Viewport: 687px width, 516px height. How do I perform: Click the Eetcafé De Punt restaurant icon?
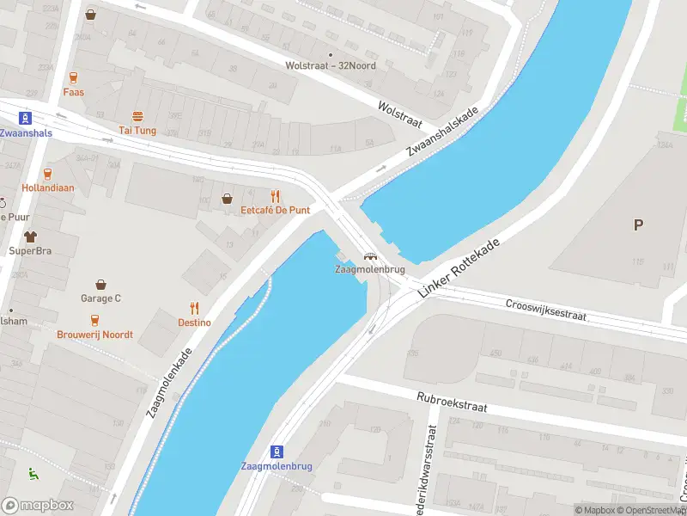(276, 197)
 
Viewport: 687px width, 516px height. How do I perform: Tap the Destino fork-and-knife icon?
(194, 309)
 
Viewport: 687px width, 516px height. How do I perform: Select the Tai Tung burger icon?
(137, 116)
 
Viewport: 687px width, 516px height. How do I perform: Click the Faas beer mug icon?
(73, 77)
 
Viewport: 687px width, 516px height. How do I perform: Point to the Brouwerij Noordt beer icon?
(95, 320)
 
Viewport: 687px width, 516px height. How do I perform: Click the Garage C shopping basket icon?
(101, 285)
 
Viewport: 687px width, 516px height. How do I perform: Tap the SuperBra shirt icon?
(29, 236)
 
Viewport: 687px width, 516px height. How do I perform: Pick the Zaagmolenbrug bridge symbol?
(370, 256)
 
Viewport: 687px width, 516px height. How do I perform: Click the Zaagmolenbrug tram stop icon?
(277, 451)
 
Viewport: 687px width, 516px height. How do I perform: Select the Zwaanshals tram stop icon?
(26, 119)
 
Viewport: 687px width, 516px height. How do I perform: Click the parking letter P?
(637, 225)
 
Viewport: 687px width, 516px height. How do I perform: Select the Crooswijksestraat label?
(545, 310)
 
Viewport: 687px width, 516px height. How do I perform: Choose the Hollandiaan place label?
(48, 187)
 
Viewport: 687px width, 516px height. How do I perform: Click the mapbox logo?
(38, 506)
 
